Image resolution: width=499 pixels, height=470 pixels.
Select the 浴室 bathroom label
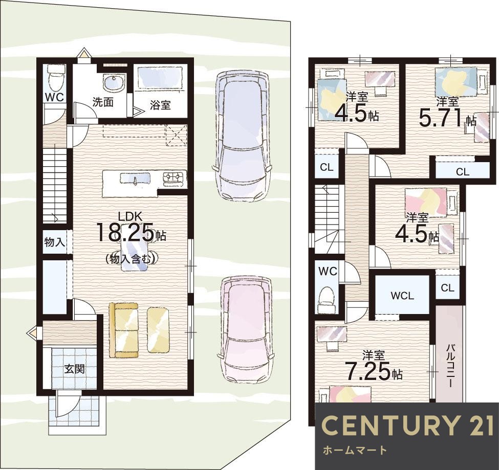pos(160,105)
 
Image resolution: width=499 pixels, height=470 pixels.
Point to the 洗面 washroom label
pos(103,102)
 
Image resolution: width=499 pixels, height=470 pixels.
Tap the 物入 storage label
pos(54,242)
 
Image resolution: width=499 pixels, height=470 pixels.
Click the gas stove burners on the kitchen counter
pos(175,178)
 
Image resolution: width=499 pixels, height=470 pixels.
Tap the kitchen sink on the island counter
pos(135,178)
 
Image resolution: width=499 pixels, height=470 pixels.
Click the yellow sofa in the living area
pos(124,330)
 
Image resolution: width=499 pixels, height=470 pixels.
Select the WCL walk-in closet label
pos(402,296)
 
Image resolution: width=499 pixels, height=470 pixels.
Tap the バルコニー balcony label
pos(449,365)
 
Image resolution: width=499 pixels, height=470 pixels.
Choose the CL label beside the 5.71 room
pos(462,172)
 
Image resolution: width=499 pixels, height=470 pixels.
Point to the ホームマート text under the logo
pos(355,450)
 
